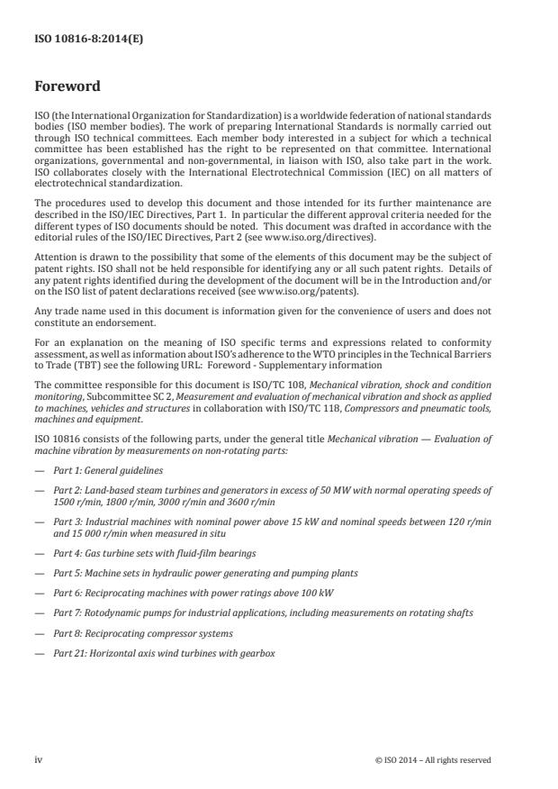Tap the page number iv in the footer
point(38,759)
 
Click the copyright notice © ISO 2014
point(433,759)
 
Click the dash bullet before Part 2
point(39,491)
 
